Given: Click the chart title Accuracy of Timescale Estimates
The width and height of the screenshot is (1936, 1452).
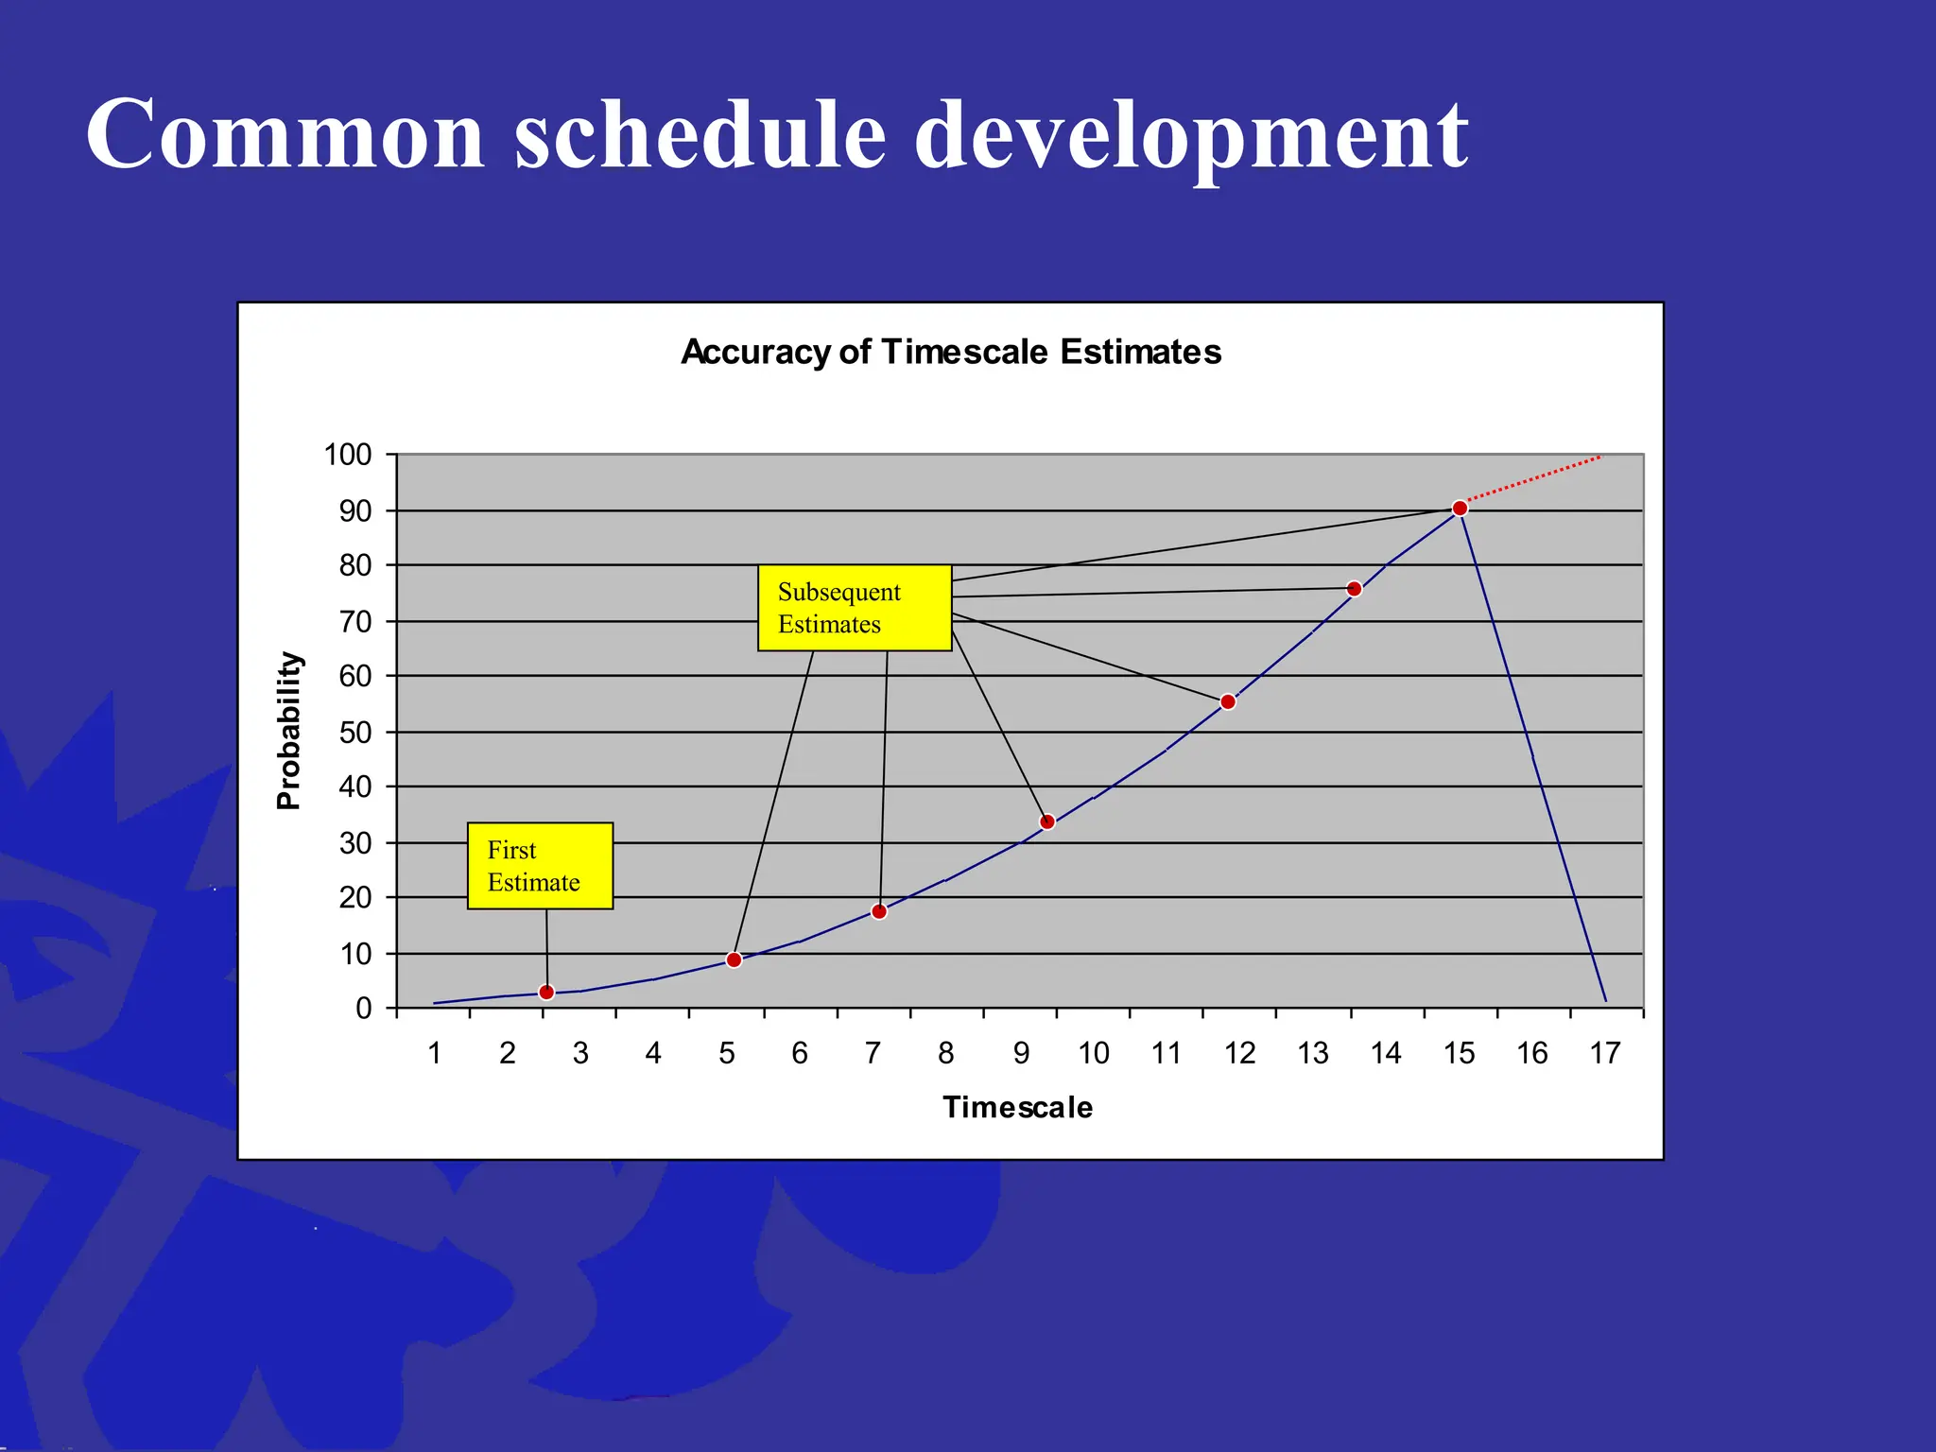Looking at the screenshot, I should click(x=951, y=352).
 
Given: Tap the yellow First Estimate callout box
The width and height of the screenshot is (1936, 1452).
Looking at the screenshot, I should click(x=540, y=866).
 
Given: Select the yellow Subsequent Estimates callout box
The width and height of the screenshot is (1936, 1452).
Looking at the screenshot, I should click(x=854, y=608).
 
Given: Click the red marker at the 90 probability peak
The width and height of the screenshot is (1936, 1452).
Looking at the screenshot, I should click(x=1460, y=509).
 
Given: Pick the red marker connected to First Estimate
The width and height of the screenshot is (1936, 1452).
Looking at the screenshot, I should click(x=546, y=992).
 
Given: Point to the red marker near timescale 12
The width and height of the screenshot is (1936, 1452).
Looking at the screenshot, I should click(x=1228, y=701).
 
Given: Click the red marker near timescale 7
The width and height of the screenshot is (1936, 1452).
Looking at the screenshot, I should click(x=879, y=911).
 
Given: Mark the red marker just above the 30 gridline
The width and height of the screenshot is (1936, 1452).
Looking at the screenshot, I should click(x=1047, y=821).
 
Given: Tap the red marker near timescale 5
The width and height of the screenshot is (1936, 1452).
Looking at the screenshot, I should click(x=734, y=959).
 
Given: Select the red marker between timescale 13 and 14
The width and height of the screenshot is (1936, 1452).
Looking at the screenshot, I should click(x=1354, y=589).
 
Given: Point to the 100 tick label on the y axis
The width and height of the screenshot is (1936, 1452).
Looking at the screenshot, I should click(x=348, y=455).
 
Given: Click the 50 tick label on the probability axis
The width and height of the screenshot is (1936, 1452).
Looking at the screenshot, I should click(x=355, y=732).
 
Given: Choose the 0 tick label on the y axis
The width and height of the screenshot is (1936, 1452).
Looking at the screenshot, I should click(x=364, y=1009).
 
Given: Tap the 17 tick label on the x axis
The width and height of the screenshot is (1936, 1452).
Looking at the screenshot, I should click(x=1605, y=1053).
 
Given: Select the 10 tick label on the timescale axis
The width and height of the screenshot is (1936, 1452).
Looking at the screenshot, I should click(x=1094, y=1053).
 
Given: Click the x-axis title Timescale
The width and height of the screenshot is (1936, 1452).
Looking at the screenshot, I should click(x=1017, y=1107).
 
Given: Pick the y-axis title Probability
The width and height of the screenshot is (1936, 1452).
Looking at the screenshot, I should click(x=288, y=731).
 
